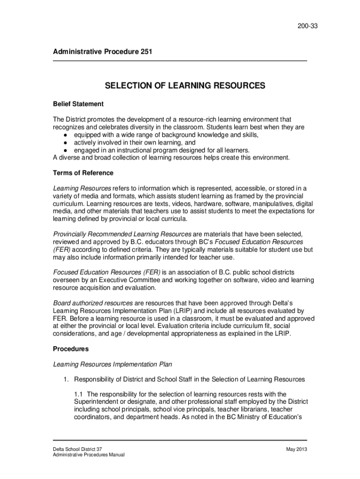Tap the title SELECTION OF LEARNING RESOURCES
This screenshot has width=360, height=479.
point(185,86)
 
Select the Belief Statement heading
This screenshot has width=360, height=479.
point(78,103)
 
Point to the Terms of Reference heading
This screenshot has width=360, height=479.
point(83,173)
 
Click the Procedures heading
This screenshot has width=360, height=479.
point(71,348)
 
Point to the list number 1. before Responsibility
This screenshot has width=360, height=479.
point(67,379)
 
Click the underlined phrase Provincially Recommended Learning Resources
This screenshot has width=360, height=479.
point(122,233)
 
